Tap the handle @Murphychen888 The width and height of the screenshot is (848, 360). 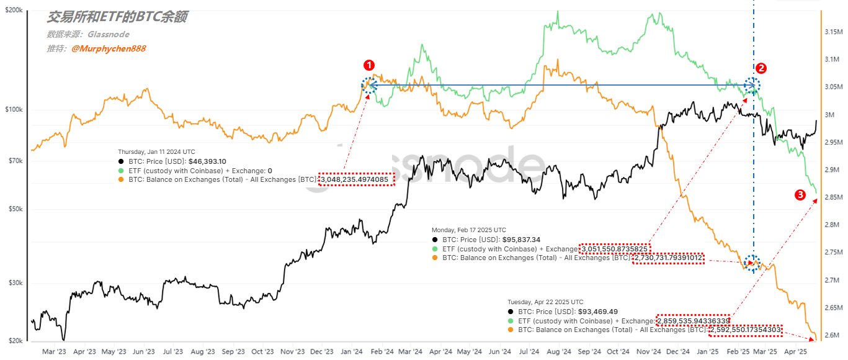pyautogui.click(x=109, y=48)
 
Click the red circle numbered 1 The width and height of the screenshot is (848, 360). pyautogui.click(x=369, y=65)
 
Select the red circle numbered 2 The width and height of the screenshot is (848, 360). pyautogui.click(x=761, y=68)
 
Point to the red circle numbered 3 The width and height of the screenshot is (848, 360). pyautogui.click(x=800, y=195)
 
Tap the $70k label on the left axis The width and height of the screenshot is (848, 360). pyautogui.click(x=14, y=161)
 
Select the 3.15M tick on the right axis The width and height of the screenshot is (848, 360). pyautogui.click(x=832, y=32)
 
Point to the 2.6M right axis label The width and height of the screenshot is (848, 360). pyautogui.click(x=832, y=336)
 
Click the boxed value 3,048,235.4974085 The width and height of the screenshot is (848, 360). pyautogui.click(x=357, y=179)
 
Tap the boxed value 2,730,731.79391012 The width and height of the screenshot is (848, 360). pyautogui.click(x=668, y=258)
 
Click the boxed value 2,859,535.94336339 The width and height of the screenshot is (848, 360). pyautogui.click(x=693, y=320)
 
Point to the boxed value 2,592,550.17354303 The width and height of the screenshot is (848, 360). pyautogui.click(x=746, y=330)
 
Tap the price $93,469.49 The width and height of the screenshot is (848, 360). pyautogui.click(x=579, y=311)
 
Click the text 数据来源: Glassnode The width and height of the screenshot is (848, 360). pyautogui.click(x=88, y=35)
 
